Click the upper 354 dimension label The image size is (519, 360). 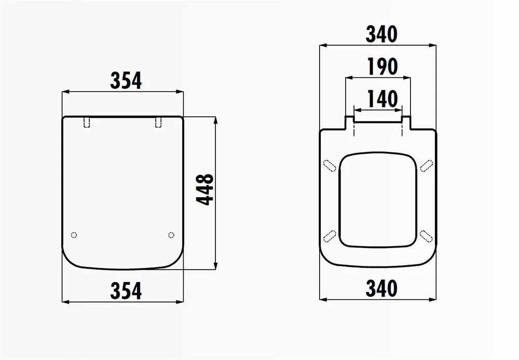(126, 80)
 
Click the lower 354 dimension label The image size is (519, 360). (126, 290)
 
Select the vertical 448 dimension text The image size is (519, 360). (205, 190)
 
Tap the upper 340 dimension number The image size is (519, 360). (381, 34)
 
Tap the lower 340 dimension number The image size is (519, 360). (381, 288)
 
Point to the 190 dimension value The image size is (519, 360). (383, 66)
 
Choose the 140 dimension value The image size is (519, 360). (383, 99)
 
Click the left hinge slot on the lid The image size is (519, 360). (87, 122)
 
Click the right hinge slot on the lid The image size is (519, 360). (158, 122)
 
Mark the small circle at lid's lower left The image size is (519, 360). (74, 235)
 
